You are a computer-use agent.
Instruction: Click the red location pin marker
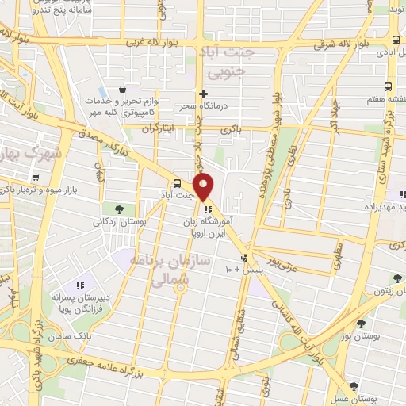[204, 186]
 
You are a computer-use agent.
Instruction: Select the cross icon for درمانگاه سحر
[204, 94]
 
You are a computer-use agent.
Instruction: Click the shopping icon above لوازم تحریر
[121, 89]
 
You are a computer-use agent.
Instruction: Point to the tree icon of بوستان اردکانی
[118, 209]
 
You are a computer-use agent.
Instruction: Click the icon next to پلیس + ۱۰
[244, 259]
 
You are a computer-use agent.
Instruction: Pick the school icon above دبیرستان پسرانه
[79, 285]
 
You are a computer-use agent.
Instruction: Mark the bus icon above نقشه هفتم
[387, 86]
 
